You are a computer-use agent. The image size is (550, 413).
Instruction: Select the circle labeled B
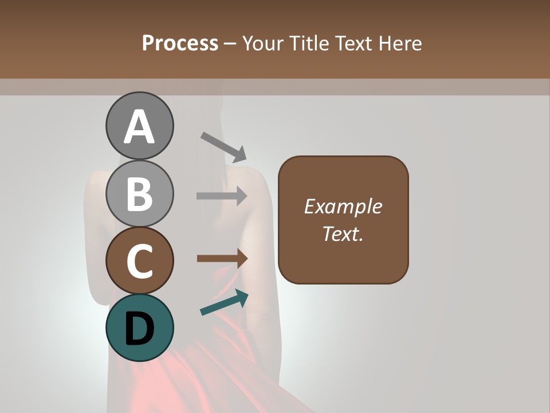click(140, 193)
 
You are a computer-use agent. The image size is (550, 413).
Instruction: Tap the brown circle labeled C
click(140, 261)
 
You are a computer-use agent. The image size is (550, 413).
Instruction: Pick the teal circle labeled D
click(140, 328)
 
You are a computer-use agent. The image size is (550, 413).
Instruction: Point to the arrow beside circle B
click(222, 196)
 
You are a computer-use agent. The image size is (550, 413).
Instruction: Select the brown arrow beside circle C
click(222, 259)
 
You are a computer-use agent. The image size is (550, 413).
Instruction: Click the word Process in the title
click(180, 43)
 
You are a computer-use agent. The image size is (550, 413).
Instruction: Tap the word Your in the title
click(264, 43)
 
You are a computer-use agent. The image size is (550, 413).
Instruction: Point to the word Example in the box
click(343, 206)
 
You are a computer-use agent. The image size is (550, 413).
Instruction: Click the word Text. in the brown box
click(343, 233)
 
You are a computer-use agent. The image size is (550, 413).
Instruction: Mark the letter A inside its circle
click(140, 127)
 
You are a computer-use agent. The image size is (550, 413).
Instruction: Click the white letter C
click(139, 262)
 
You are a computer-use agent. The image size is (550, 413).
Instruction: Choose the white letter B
click(140, 194)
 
